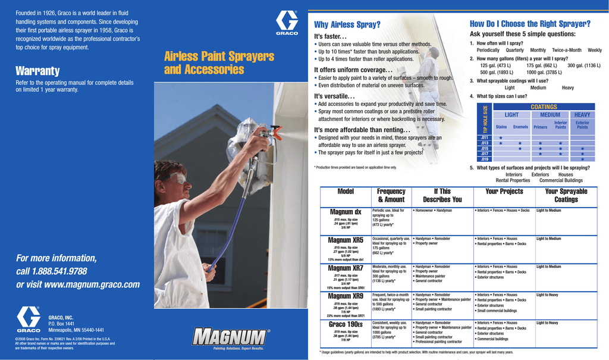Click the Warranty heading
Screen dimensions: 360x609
point(37,71)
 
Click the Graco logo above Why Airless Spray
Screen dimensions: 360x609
point(286,24)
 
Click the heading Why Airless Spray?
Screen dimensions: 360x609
point(347,24)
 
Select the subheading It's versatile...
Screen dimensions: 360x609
point(334,96)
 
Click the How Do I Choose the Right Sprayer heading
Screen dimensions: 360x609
point(530,24)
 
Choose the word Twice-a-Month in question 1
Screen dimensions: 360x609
point(566,51)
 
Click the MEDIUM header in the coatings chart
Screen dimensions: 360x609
point(550,114)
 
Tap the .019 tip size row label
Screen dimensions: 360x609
point(484,159)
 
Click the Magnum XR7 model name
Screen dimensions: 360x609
point(346,268)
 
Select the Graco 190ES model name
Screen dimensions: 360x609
point(346,324)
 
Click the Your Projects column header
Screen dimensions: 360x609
point(504,191)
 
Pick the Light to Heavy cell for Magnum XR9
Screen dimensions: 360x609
point(547,295)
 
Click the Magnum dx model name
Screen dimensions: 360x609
point(346,212)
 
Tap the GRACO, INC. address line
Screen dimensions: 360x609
point(61,318)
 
